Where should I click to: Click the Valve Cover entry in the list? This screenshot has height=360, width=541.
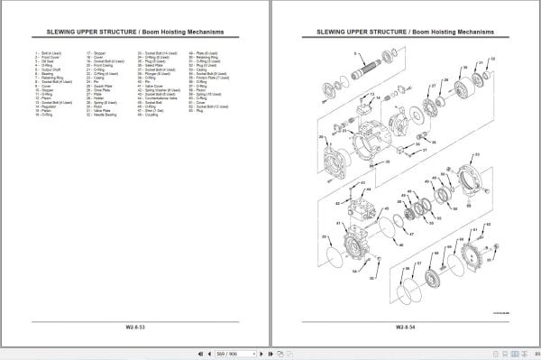(x=149, y=86)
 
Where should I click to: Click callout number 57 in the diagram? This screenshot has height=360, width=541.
(x=418, y=263)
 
